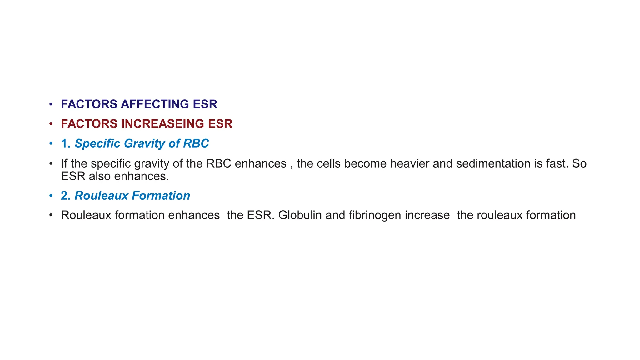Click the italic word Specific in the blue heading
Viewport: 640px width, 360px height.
tap(97, 143)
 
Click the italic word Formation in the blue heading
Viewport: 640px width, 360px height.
tap(161, 196)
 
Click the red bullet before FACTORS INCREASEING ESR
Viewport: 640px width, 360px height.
tap(51, 124)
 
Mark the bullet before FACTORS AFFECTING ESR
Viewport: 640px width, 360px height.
tap(51, 104)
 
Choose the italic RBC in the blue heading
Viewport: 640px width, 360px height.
tap(196, 143)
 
